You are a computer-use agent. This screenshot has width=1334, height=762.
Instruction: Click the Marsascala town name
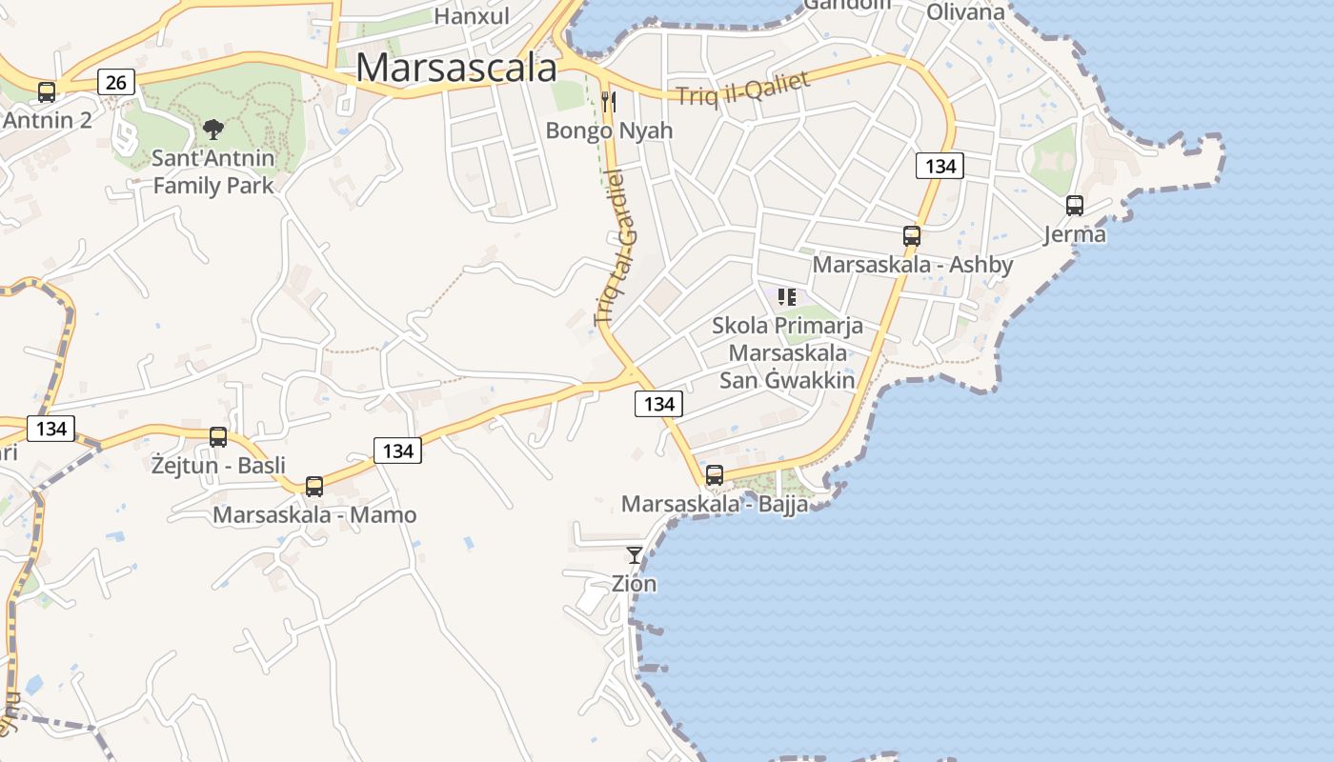point(456,68)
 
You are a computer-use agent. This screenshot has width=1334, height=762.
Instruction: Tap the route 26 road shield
point(116,83)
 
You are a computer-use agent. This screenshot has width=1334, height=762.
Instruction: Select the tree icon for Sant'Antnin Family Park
point(213,130)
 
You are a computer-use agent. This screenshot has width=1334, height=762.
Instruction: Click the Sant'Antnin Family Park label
point(213,171)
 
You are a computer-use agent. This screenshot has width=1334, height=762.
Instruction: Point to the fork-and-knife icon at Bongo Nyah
point(609,101)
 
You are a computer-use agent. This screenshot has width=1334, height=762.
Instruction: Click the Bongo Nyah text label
point(609,130)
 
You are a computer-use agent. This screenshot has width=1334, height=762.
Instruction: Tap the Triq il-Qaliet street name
point(742,89)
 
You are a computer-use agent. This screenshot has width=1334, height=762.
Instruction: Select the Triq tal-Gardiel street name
point(618,248)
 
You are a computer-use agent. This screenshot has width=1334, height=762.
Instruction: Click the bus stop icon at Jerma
point(1075,205)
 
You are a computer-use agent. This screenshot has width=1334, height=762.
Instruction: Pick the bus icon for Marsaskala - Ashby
point(912,236)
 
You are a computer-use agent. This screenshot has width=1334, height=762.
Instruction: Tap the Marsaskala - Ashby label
point(912,264)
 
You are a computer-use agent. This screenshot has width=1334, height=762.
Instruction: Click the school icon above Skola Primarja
point(787,297)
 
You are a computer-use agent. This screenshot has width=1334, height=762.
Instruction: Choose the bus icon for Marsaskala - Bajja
point(715,474)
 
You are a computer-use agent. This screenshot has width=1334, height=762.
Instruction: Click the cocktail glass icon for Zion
point(635,554)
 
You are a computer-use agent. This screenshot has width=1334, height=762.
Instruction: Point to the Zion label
point(635,583)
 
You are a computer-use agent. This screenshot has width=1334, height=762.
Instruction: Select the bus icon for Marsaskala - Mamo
point(314,487)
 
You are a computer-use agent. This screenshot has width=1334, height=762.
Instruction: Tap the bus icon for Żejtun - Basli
point(218,437)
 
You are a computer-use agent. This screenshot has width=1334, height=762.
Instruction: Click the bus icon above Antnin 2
point(47,92)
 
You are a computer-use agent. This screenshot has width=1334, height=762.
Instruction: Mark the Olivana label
point(965,12)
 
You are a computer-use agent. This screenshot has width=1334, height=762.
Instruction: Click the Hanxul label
point(472,15)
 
